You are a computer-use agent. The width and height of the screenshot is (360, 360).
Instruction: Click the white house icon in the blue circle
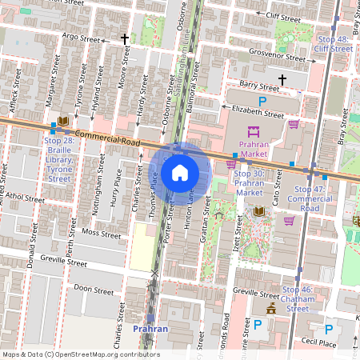[x=180, y=172]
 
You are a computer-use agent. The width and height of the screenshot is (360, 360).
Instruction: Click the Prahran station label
[x=150, y=329]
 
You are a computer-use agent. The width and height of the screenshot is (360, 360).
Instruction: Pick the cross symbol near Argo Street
[x=125, y=38]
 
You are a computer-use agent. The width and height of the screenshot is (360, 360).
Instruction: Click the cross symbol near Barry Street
[x=282, y=79]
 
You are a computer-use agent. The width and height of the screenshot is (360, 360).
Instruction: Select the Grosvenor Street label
[x=278, y=58]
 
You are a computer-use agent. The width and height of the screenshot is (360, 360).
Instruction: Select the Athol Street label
[x=26, y=197]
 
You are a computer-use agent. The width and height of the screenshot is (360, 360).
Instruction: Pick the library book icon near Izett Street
[x=259, y=211]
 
